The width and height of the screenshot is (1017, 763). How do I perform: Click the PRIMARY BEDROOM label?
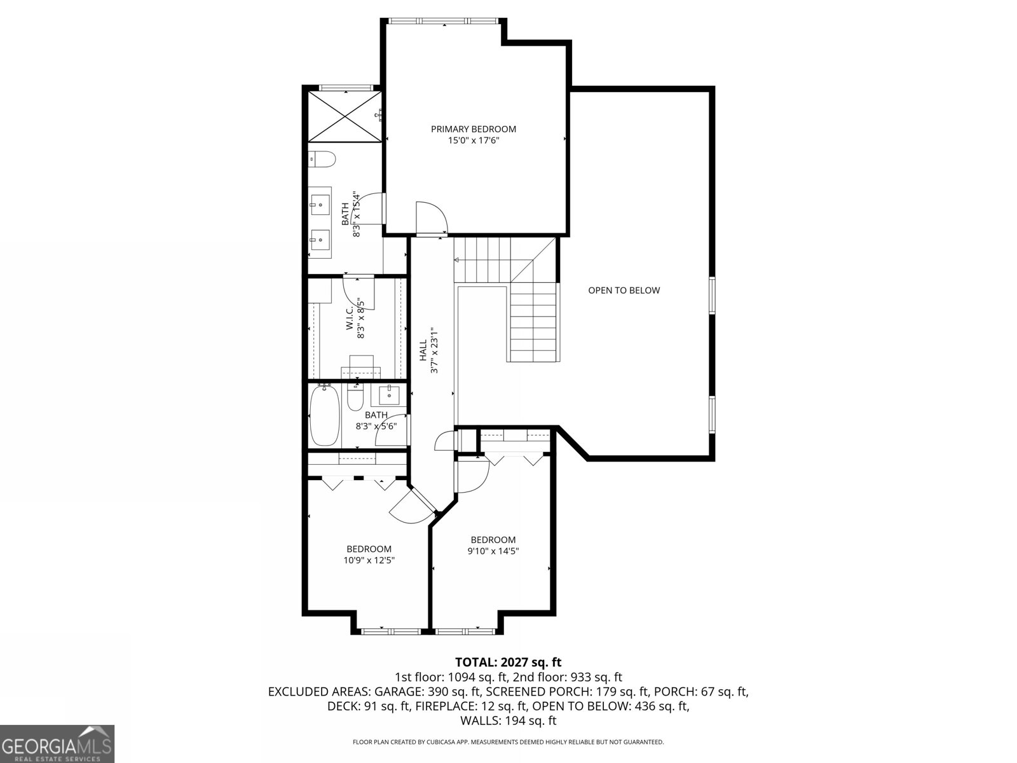click(474, 129)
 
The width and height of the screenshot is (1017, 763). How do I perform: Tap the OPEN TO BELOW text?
click(624, 291)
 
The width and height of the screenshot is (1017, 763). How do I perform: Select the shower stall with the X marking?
click(345, 116)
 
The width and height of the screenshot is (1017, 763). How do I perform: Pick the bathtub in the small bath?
click(325, 416)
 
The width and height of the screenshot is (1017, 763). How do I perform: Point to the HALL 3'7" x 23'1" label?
click(428, 350)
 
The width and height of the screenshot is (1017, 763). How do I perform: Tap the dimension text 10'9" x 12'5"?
click(369, 560)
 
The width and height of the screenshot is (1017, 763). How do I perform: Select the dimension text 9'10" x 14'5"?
click(493, 551)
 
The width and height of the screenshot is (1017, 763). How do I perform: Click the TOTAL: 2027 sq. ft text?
click(508, 663)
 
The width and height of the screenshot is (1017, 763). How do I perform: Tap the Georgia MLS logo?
click(57, 743)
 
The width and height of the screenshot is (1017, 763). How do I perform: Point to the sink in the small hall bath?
click(389, 395)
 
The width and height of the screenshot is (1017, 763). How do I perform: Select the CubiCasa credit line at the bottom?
click(508, 742)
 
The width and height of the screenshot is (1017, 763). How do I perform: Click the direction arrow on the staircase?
click(456, 260)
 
